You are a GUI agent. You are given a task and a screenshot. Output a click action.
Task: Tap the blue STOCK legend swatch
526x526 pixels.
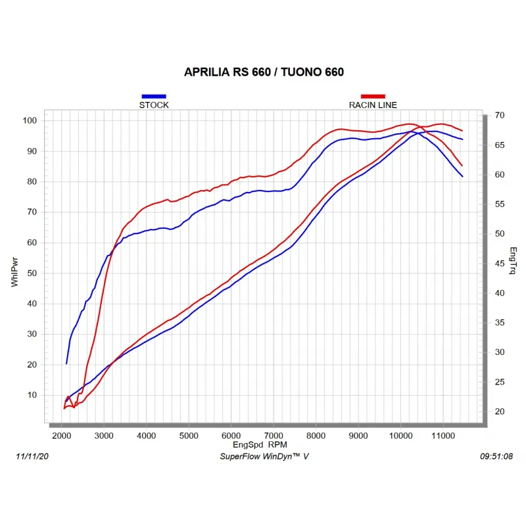click(154, 96)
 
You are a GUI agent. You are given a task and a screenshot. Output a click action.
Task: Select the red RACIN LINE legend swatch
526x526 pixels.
click(373, 96)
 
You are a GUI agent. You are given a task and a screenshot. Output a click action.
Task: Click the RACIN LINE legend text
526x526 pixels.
click(373, 105)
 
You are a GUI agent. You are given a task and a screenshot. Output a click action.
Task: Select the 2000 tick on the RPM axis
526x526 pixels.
click(61, 436)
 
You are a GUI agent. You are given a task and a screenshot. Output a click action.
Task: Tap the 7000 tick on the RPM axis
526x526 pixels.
click(274, 436)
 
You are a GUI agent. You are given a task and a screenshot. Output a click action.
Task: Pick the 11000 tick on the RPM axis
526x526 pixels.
click(442, 436)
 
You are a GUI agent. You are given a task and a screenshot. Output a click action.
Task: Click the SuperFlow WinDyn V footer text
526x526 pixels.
click(263, 456)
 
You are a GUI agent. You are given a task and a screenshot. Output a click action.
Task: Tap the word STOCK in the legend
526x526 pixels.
click(154, 105)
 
